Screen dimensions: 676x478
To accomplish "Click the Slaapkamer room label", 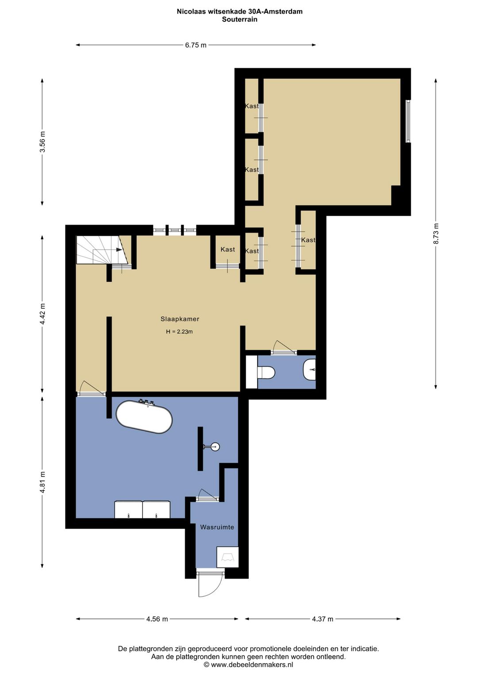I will tap(180, 319).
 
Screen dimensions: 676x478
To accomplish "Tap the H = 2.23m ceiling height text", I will tap(179, 332).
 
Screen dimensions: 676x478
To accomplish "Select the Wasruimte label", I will tap(217, 527).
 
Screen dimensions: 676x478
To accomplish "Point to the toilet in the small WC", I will tap(266, 373).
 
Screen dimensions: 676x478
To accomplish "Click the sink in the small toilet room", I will tap(309, 370).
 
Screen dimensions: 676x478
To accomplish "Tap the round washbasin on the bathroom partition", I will tap(215, 447).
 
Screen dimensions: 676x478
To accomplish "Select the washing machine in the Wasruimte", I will tap(227, 557).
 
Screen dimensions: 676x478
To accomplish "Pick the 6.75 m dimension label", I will tap(196, 45).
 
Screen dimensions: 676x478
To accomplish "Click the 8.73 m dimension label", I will tap(436, 233).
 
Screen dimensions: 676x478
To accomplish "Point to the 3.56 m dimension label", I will tap(42, 142).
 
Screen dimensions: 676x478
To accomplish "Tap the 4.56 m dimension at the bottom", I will tap(157, 619).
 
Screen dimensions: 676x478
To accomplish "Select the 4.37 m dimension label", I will tap(323, 619).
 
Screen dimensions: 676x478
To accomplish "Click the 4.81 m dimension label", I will tap(42, 482).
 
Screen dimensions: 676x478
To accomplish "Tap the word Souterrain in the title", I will tap(239, 19).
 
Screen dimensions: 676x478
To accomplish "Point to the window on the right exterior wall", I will tap(408, 121).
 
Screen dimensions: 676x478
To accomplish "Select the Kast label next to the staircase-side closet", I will tap(227, 249).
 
